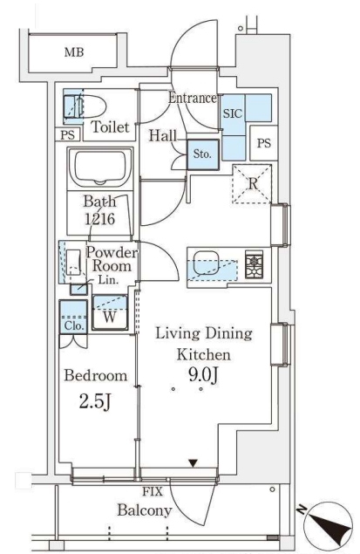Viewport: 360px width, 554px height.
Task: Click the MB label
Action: coord(74,52)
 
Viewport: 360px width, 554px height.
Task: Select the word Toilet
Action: coord(110,127)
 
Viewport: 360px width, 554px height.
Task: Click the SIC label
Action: coord(233,113)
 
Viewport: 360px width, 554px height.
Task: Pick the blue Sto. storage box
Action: coord(203,154)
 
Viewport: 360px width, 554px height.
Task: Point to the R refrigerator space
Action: coord(252,184)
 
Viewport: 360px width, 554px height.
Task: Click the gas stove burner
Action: coord(255,264)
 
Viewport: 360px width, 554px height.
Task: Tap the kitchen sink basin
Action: coord(207,263)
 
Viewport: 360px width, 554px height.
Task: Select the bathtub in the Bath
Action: coord(100,168)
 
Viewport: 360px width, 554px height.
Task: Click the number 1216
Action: coord(100,219)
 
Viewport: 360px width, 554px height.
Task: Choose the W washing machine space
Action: coord(110,312)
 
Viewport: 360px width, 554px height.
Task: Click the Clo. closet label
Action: coord(74,325)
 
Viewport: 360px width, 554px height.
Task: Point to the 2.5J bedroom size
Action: coord(95,402)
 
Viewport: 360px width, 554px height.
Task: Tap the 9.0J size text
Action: coord(204,375)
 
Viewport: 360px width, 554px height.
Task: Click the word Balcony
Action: coord(145,510)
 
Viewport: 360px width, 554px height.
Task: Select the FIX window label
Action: coord(153,491)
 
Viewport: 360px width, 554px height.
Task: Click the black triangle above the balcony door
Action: coord(193,463)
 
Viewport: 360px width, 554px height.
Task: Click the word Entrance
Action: coord(193,98)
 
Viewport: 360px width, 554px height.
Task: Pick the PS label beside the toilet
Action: coord(67,135)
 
